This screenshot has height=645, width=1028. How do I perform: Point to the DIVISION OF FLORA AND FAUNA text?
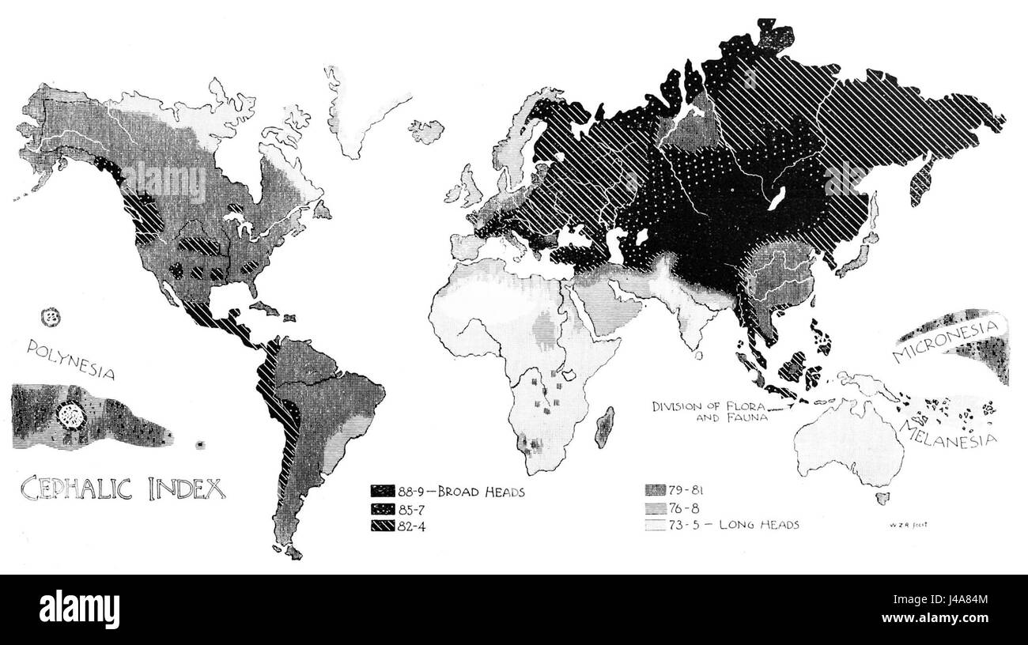pos(710,413)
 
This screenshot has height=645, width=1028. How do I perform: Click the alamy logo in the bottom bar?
pos(79,609)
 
